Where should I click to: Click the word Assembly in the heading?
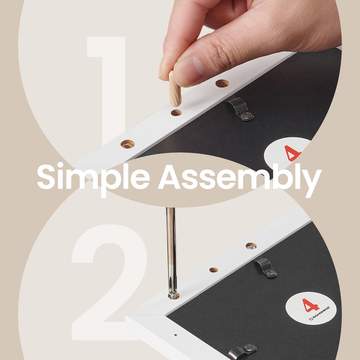point(240,180)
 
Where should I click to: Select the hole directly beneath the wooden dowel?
point(176,112)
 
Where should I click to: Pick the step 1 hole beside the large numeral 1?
point(128,144)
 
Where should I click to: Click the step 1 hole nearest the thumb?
point(222,83)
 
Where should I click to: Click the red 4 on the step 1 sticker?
point(292,153)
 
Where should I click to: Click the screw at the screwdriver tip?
point(174,296)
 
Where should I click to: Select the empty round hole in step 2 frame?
point(213,270)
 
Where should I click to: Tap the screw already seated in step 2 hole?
point(251,246)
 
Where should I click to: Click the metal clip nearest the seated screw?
point(266,267)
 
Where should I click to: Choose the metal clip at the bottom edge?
point(243,351)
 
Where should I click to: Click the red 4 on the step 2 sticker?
point(310,306)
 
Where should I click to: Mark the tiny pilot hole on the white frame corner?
point(175,335)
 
